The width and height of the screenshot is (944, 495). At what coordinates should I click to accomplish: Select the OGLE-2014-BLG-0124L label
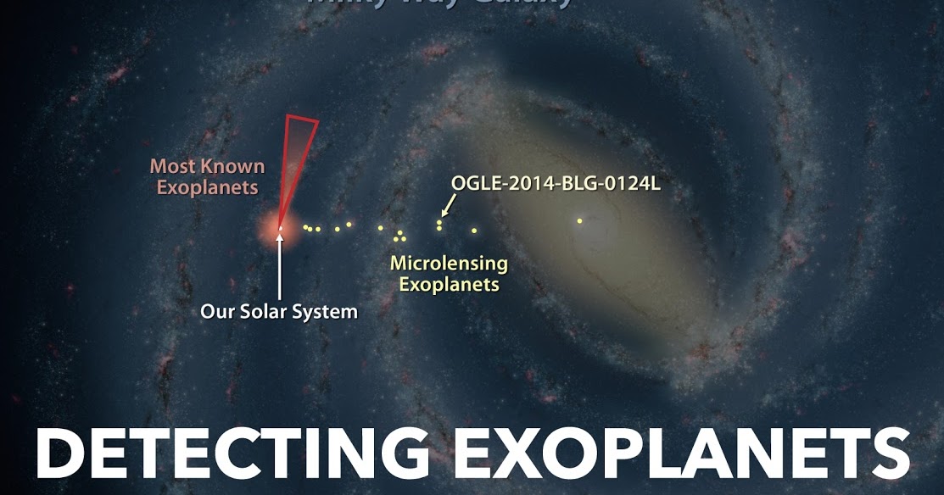pos(556,184)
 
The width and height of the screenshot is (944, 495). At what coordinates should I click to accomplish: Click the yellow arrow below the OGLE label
pos(446,205)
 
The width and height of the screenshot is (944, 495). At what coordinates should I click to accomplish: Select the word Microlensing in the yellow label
pos(449,264)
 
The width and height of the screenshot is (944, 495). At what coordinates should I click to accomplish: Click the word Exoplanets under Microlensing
pos(449,285)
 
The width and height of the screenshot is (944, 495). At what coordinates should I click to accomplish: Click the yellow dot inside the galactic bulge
pos(579,221)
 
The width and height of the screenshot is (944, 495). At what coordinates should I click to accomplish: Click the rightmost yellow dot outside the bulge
pos(474,230)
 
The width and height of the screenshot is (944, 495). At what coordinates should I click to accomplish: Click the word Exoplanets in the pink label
pos(208,187)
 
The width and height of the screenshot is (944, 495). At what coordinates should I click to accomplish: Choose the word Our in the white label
pos(217,312)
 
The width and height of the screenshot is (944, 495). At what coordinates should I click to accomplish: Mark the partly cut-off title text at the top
pos(438,4)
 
